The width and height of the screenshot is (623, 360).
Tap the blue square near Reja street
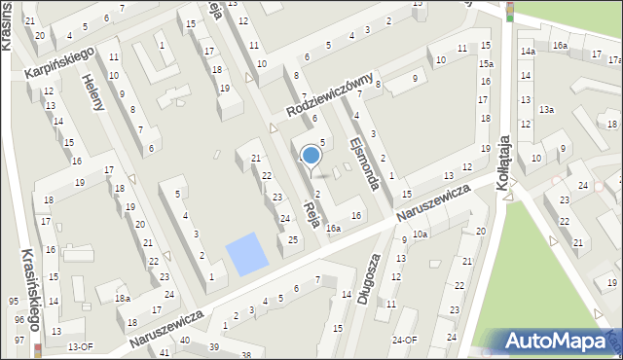tap(244, 253)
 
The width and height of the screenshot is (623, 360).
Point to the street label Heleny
tap(92, 93)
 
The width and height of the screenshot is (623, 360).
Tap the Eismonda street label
tap(365, 160)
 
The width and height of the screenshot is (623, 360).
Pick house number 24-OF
tap(404, 340)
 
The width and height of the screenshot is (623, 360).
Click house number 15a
tap(485, 64)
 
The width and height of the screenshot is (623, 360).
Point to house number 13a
tap(547, 110)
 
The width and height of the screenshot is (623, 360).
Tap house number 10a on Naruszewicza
tap(420, 234)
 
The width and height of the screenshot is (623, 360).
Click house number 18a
tap(122, 299)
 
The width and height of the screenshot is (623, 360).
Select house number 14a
tap(527, 51)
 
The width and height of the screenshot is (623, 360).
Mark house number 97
tap(19, 340)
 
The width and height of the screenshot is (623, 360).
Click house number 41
tap(163, 351)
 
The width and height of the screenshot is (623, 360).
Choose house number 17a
tap(598, 55)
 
